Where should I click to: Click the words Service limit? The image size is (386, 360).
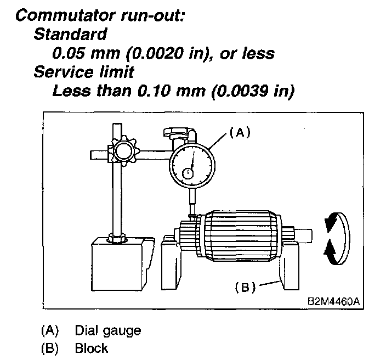(83, 71)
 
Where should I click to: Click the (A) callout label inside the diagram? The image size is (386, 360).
(240, 131)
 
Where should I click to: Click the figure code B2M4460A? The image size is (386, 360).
(335, 302)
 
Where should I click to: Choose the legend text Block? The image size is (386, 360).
(92, 348)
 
